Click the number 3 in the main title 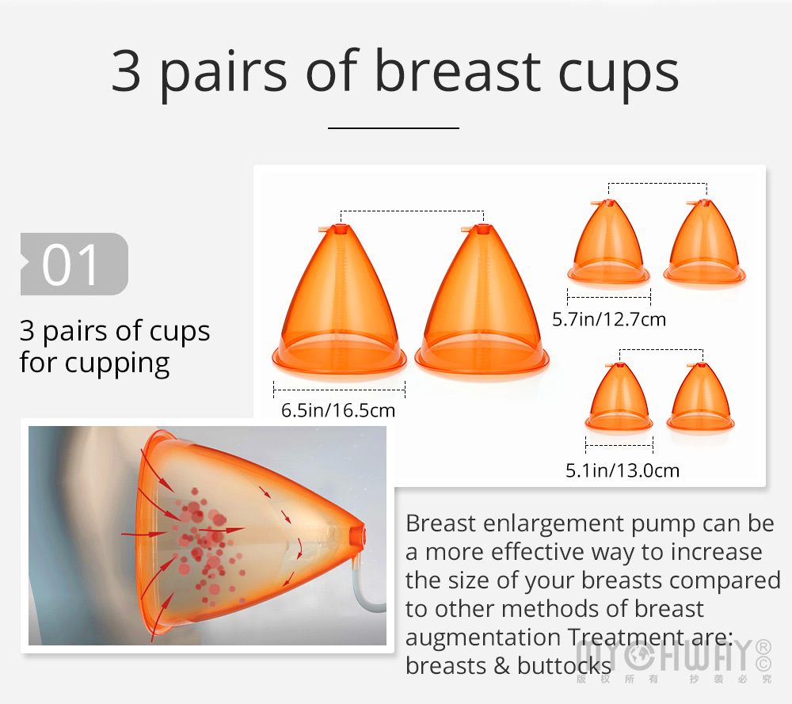pos(126,71)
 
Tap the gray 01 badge pos(74,264)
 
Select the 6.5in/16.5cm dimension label pos(338,410)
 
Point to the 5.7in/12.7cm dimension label pos(608,320)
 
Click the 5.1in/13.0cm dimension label pos(623,470)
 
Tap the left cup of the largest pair pos(339,299)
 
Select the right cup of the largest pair pos(482,299)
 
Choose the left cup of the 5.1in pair pos(619,397)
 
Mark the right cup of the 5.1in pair pos(700,397)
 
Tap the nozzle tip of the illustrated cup pos(358,535)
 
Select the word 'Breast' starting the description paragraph pos(440,523)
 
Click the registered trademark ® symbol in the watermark pos(763,647)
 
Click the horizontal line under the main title pos(394,128)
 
